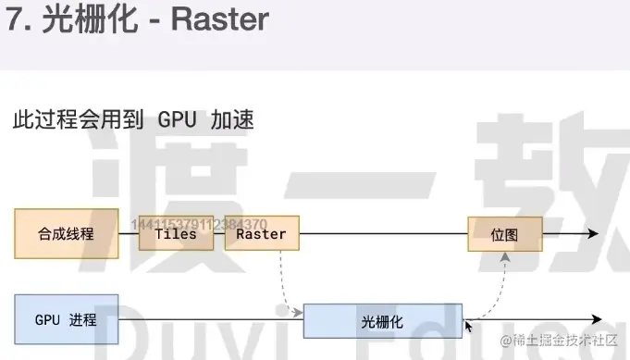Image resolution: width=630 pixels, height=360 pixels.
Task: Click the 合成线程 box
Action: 66,233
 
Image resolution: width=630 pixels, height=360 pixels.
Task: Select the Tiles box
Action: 176,234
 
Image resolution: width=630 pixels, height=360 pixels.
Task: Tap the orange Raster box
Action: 262,234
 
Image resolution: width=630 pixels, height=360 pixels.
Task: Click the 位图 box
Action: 504,234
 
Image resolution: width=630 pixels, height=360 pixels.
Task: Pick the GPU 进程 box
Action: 66,319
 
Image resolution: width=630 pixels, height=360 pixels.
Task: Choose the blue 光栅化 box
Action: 382,321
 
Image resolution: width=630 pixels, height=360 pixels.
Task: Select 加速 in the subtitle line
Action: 232,119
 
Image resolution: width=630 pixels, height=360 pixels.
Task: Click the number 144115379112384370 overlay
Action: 200,224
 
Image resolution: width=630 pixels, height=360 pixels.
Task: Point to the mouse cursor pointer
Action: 469,326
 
